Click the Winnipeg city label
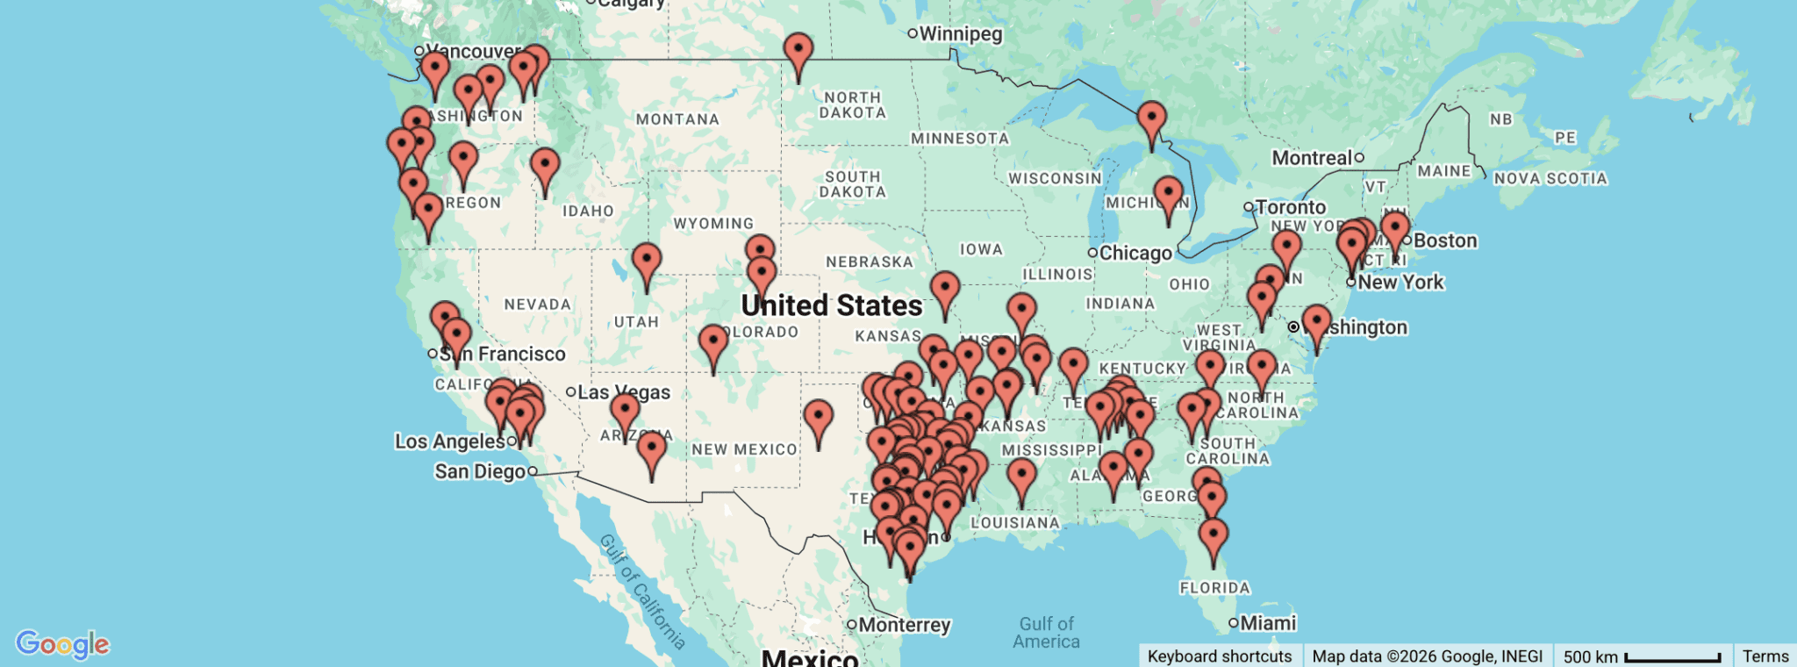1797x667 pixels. click(960, 34)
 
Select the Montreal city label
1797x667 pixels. click(1312, 158)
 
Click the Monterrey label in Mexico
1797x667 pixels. click(904, 625)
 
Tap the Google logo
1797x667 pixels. click(62, 644)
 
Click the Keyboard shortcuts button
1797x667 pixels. click(1219, 656)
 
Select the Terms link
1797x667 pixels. click(1765, 656)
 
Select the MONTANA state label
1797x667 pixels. click(677, 119)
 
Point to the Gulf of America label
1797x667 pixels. click(1046, 632)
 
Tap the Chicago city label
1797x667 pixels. click(1135, 254)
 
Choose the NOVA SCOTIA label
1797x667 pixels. click(1550, 179)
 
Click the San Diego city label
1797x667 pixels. click(480, 471)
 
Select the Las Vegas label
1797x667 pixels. click(623, 392)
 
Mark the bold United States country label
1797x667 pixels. click(831, 305)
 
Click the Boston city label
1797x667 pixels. click(1444, 240)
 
